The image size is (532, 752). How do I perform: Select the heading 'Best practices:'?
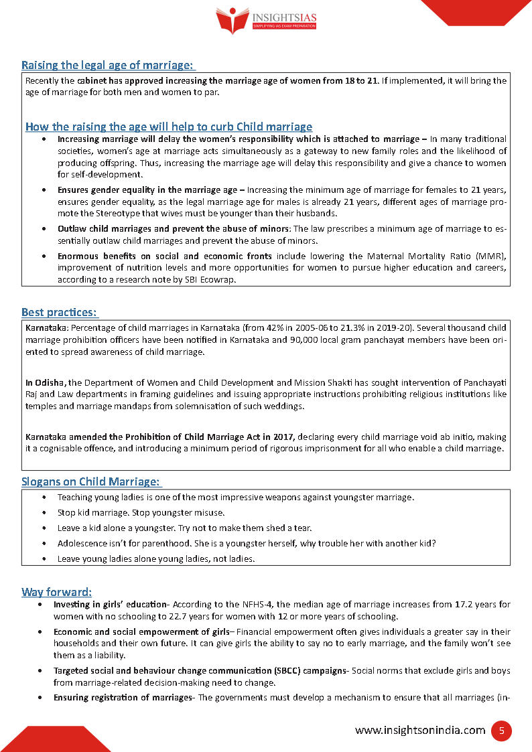pyautogui.click(x=59, y=312)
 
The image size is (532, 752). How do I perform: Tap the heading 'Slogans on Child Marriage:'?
pyautogui.click(x=90, y=481)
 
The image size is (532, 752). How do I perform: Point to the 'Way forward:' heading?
pyautogui.click(x=56, y=592)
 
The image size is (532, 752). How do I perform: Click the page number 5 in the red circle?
pyautogui.click(x=501, y=731)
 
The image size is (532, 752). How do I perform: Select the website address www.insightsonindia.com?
pyautogui.click(x=420, y=731)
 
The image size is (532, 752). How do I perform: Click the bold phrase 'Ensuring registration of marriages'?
pyautogui.click(x=123, y=697)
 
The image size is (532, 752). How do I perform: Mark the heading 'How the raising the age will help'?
pyautogui.click(x=168, y=127)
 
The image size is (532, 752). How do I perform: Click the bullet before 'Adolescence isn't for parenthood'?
pyautogui.click(x=44, y=543)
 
